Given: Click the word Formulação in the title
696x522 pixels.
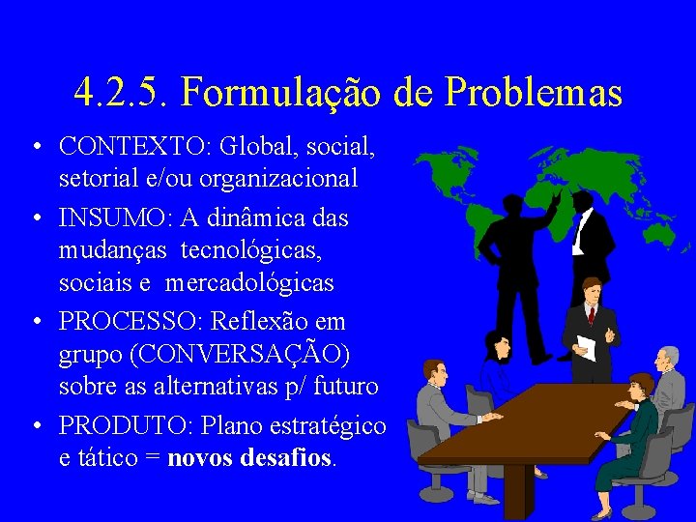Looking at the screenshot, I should (x=285, y=94).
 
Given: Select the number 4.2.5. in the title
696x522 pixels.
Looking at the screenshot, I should (x=120, y=94).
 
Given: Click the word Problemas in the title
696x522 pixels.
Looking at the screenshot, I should (x=533, y=94).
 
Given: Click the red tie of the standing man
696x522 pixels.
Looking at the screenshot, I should (x=591, y=313).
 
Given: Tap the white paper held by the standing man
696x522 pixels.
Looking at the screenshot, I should (x=586, y=346).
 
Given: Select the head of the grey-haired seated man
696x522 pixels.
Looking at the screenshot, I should (x=666, y=361).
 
